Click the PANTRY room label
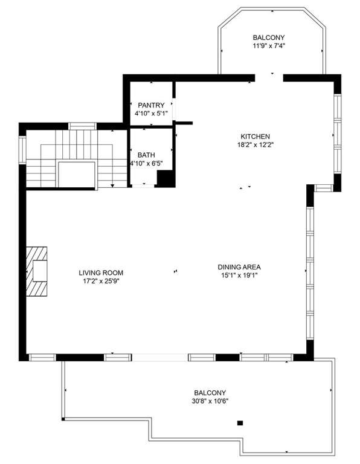click(x=151, y=105)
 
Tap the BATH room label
click(x=146, y=155)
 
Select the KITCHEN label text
click(x=255, y=137)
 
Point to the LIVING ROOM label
click(x=101, y=272)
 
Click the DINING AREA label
click(x=239, y=267)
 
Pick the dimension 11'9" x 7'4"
click(x=269, y=45)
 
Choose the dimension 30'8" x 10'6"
click(x=210, y=401)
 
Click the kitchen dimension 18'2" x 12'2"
click(x=256, y=145)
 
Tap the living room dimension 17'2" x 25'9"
click(x=101, y=281)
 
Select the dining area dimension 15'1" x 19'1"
click(x=239, y=275)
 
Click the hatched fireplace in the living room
click(x=37, y=271)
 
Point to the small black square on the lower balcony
click(x=240, y=423)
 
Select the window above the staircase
click(x=83, y=126)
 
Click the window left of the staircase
click(x=22, y=149)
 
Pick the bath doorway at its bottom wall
click(x=143, y=185)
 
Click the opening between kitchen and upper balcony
click(x=269, y=77)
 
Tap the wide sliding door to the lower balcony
click(x=159, y=357)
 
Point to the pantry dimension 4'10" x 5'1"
click(x=151, y=114)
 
